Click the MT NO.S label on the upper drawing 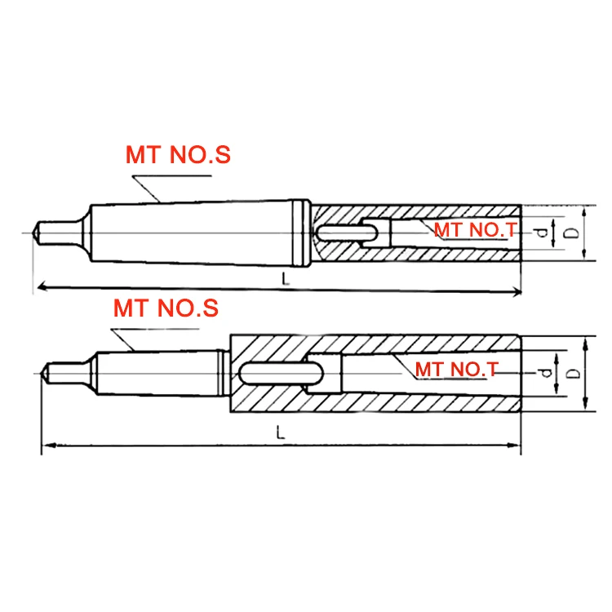pyautogui.click(x=178, y=155)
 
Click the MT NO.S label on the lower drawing pyautogui.click(x=166, y=308)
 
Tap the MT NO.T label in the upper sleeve pyautogui.click(x=474, y=230)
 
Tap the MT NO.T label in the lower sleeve pyautogui.click(x=456, y=370)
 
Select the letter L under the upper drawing pyautogui.click(x=285, y=278)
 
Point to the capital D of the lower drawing pyautogui.click(x=574, y=374)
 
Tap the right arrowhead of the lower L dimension pyautogui.click(x=516, y=445)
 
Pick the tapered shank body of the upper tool pyautogui.click(x=196, y=232)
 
